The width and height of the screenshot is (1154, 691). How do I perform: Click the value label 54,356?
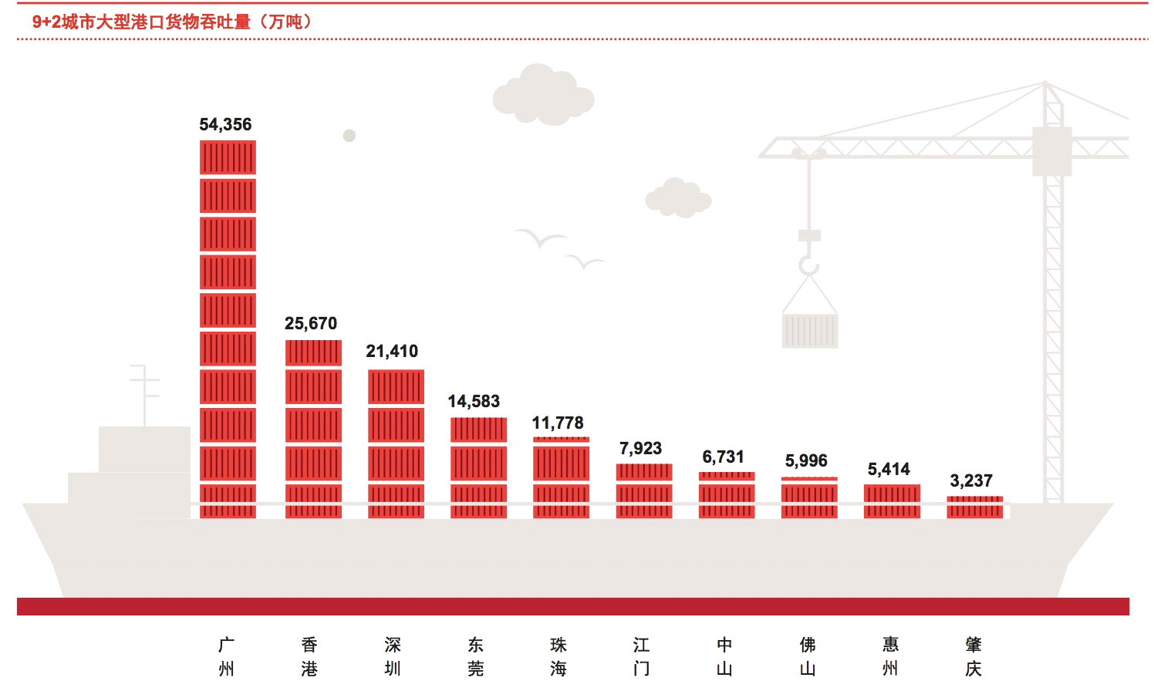(225, 124)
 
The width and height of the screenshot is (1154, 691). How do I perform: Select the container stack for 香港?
(313, 429)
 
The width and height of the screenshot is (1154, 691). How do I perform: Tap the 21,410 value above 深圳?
(392, 352)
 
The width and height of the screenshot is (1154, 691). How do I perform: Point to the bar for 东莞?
(478, 467)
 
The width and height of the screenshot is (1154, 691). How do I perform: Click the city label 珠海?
(558, 656)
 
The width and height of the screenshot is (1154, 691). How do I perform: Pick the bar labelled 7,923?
(644, 490)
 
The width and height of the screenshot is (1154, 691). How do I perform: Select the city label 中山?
(724, 656)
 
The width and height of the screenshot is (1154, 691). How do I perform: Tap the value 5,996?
(806, 461)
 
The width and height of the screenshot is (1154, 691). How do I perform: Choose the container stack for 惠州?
(892, 501)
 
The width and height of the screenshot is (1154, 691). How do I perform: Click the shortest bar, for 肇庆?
(975, 507)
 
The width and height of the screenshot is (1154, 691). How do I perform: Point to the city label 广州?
(226, 656)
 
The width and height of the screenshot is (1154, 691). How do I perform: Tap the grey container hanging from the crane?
(810, 330)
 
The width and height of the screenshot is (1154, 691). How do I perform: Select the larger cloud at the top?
(544, 96)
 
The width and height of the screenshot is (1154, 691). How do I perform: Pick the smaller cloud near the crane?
(677, 198)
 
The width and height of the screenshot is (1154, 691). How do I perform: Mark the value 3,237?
(971, 481)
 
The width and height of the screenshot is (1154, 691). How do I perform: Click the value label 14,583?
(474, 402)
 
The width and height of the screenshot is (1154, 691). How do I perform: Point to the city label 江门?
(641, 656)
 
